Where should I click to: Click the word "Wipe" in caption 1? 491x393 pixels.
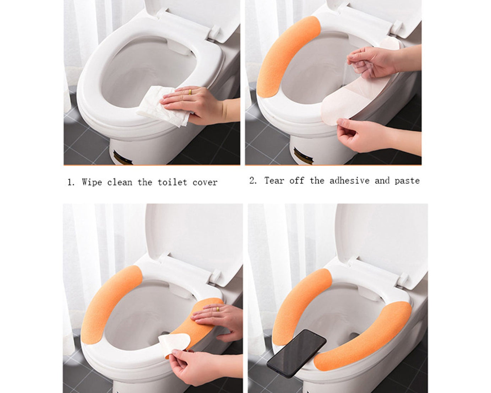(92, 182)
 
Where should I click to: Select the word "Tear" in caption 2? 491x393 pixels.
(274, 181)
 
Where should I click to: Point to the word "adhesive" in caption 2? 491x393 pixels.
(349, 181)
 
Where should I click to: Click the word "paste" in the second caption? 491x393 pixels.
(407, 181)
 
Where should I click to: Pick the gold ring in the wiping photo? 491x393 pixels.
(190, 92)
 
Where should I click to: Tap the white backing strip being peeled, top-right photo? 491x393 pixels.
(341, 103)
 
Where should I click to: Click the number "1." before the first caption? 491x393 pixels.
(71, 183)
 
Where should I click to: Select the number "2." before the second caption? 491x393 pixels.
(253, 181)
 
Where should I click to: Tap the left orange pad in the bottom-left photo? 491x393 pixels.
(107, 306)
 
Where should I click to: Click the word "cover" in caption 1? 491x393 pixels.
(205, 182)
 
